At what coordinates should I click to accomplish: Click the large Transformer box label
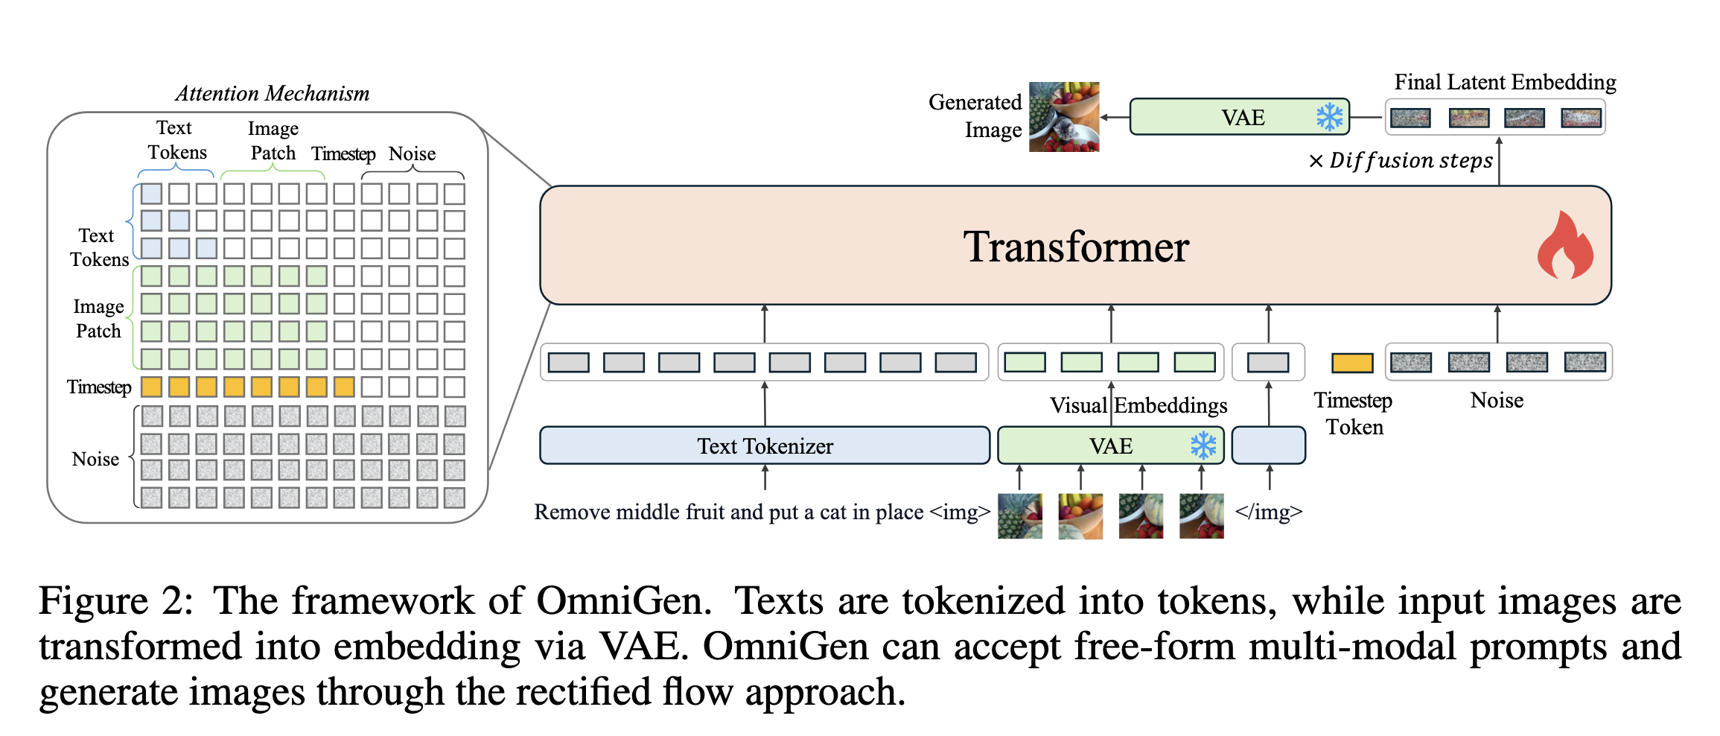coord(1075,247)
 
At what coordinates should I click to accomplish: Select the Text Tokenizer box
coord(765,445)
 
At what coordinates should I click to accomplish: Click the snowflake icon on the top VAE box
coord(1329,117)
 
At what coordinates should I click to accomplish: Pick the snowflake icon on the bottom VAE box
coord(1203,445)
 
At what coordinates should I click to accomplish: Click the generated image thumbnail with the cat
coord(1064,117)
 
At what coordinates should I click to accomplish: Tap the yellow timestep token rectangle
coord(1352,363)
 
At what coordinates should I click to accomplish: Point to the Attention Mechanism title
coord(273,94)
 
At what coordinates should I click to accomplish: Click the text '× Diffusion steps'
coord(1401,161)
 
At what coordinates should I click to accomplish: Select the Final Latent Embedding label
coord(1505,82)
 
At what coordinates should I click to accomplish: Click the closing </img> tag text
coord(1268,512)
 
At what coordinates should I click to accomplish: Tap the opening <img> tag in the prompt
coord(960,513)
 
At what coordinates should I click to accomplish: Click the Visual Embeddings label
coord(1138,405)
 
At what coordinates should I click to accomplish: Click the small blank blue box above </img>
coord(1268,445)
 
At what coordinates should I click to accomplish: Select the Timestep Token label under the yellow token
coord(1354,413)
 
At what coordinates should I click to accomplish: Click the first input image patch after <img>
coord(1019,515)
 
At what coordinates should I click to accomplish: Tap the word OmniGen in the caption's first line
coord(622,600)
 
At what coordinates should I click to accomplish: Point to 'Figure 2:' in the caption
coord(115,600)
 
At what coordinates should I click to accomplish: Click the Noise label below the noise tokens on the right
coord(1497,401)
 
